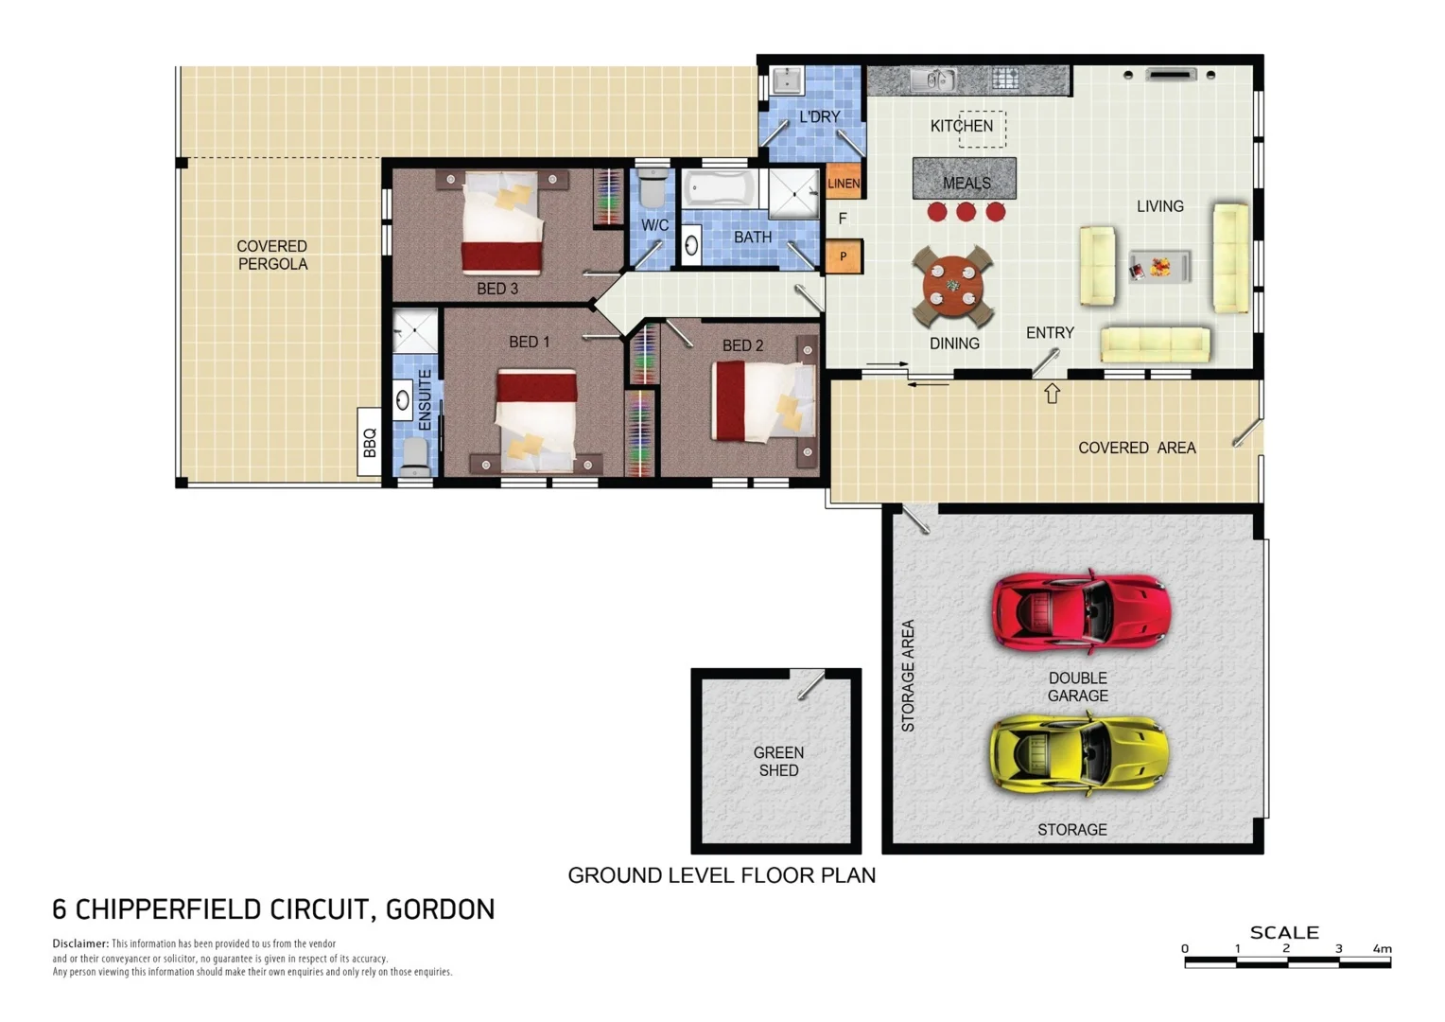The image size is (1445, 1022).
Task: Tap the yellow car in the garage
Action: [1079, 754]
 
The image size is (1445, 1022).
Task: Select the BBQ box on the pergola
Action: [369, 442]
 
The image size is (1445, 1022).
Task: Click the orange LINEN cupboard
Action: [844, 183]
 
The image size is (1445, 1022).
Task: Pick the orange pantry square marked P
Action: [844, 256]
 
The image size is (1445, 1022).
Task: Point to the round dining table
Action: [952, 286]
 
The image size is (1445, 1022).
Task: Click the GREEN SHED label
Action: [778, 762]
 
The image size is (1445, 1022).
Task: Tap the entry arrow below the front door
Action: [1052, 393]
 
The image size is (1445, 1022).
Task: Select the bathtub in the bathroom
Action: [721, 188]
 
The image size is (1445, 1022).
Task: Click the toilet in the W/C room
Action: [653, 188]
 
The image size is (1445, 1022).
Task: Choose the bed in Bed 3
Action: [503, 221]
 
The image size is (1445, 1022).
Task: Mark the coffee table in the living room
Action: [1159, 268]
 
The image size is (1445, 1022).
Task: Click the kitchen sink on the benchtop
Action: [933, 80]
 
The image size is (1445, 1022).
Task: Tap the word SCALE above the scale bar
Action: [1283, 932]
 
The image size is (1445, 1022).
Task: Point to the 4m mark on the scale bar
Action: [1382, 948]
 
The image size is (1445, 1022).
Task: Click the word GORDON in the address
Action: [440, 909]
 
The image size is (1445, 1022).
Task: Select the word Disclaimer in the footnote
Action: [80, 943]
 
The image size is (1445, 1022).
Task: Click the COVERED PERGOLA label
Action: [272, 255]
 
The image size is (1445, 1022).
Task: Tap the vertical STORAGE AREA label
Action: [908, 676]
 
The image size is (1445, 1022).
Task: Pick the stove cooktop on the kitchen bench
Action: [1004, 79]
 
